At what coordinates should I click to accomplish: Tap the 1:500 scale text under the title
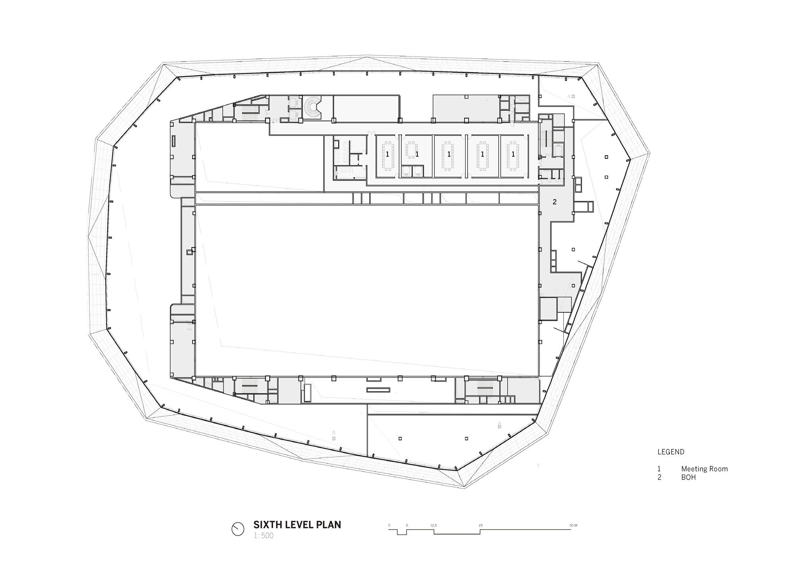coord(264,536)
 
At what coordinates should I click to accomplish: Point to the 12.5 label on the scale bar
coord(434,525)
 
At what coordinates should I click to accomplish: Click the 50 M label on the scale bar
coord(573,525)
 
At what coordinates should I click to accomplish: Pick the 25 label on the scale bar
coord(481,525)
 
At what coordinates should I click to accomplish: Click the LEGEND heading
coord(671,452)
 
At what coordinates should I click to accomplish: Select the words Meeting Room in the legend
coord(705,469)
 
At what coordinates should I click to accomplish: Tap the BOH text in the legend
coord(689,477)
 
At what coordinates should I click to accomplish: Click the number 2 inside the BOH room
coord(555,202)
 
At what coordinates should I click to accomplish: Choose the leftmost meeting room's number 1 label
coord(387,154)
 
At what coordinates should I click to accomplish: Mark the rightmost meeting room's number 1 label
coord(513,154)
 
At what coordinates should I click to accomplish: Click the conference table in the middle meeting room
coord(449,155)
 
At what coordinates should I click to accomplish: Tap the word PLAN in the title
coord(329,524)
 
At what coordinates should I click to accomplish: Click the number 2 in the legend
coord(659,477)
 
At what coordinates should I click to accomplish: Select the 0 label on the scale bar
coord(389,525)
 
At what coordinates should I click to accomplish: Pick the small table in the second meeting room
coord(411,150)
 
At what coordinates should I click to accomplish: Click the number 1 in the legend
coord(659,469)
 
